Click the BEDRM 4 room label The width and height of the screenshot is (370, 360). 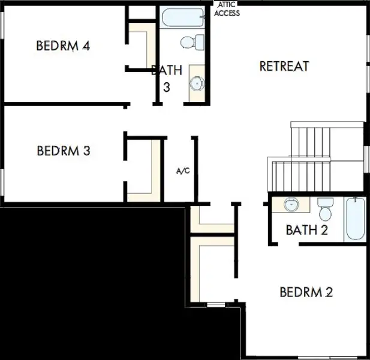pyautogui.click(x=63, y=46)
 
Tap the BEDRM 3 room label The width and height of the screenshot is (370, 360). pyautogui.click(x=64, y=151)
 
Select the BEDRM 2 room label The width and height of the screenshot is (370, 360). pyautogui.click(x=306, y=292)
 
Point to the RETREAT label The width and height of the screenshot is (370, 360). pyautogui.click(x=284, y=66)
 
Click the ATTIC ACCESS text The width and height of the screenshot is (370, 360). pyautogui.click(x=227, y=9)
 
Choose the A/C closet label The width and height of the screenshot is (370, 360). pyautogui.click(x=183, y=170)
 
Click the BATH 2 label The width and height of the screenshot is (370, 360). pyautogui.click(x=307, y=230)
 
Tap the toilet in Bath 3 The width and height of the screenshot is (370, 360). pyautogui.click(x=192, y=42)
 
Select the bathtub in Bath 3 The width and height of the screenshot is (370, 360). pyautogui.click(x=183, y=18)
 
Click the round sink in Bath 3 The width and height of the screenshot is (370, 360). pyautogui.click(x=197, y=83)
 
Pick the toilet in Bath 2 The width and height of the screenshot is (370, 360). pyautogui.click(x=325, y=209)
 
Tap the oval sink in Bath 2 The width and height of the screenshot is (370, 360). pyautogui.click(x=291, y=204)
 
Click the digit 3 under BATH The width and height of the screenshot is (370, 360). pyautogui.click(x=167, y=88)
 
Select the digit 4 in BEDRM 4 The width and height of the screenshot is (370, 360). pyautogui.click(x=86, y=46)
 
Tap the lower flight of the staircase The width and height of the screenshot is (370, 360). pyautogui.click(x=299, y=175)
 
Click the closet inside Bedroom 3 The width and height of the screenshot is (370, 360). pyautogui.click(x=143, y=170)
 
